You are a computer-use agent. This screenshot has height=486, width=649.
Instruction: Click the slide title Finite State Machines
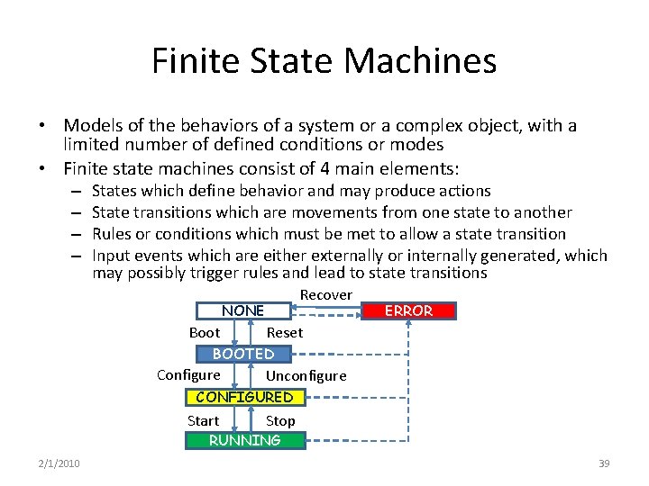(324, 61)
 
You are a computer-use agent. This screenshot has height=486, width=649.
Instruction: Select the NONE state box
(243, 310)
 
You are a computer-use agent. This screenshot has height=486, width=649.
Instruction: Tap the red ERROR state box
(408, 310)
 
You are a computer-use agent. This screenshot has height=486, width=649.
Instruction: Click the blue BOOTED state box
(243, 354)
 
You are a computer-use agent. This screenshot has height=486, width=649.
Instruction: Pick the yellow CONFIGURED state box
(244, 397)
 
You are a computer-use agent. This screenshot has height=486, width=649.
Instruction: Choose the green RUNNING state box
(244, 440)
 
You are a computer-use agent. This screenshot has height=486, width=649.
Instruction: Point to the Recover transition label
(325, 295)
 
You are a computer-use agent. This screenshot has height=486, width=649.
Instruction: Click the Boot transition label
(205, 332)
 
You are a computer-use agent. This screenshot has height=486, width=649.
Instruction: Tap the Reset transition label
(285, 333)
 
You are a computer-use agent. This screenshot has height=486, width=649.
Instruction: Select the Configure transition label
(188, 375)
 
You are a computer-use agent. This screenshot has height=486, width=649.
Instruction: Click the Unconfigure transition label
(306, 376)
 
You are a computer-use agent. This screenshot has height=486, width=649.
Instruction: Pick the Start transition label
(203, 420)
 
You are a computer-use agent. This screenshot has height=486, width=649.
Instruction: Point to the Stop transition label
(280, 420)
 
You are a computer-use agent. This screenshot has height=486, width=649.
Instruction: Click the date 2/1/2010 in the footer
(59, 463)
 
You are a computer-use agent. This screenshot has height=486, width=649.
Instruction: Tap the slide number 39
(604, 463)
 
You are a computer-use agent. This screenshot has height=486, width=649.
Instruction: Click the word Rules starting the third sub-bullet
(111, 234)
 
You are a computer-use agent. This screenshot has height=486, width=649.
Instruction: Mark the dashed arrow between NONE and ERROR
(326, 311)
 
